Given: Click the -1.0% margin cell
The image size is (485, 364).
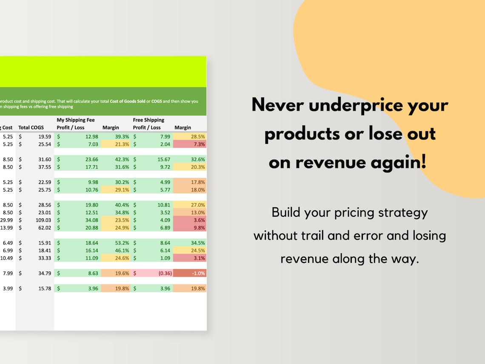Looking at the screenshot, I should click(x=190, y=273).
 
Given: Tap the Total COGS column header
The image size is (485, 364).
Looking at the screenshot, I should click(x=31, y=127).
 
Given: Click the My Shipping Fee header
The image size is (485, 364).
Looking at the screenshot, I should click(x=76, y=120).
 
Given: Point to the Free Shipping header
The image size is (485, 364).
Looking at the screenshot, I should click(x=148, y=120).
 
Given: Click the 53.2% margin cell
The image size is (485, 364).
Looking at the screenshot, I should click(x=115, y=243).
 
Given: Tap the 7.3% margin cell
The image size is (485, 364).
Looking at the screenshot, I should click(x=190, y=144).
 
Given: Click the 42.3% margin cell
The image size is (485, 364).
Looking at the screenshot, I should click(x=115, y=159).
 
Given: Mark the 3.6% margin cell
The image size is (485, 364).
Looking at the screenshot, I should click(x=190, y=220).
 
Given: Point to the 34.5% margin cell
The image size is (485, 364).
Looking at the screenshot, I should click(x=190, y=243).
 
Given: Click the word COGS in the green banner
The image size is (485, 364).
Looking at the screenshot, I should click(x=157, y=101).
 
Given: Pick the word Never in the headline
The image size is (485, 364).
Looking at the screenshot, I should click(x=277, y=105).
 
